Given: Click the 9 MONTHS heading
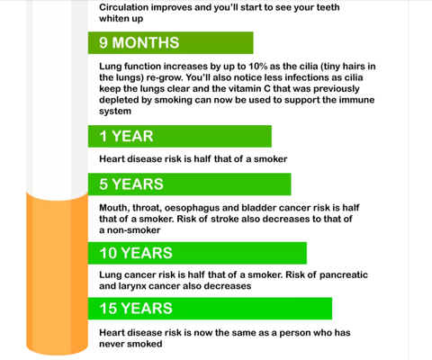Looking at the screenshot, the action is pyautogui.click(x=139, y=42).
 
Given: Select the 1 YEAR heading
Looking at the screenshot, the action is pyautogui.click(x=126, y=136).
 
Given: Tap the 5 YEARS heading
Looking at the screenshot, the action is pyautogui.click(x=131, y=184).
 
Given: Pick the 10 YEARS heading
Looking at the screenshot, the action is pyautogui.click(x=136, y=253).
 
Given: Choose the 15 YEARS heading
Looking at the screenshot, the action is pyautogui.click(x=136, y=308).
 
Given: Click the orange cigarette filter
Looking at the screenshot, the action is pyautogui.click(x=58, y=273).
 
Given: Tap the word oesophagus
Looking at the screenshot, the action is pyautogui.click(x=192, y=208).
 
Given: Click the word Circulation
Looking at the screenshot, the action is pyautogui.click(x=123, y=7).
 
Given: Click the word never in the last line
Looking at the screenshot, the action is pyautogui.click(x=111, y=344).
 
